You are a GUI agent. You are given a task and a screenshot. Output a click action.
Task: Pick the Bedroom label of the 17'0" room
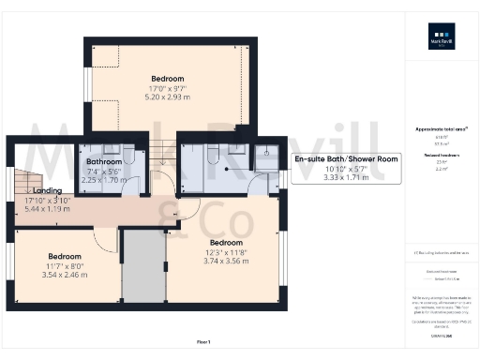[167, 78]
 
